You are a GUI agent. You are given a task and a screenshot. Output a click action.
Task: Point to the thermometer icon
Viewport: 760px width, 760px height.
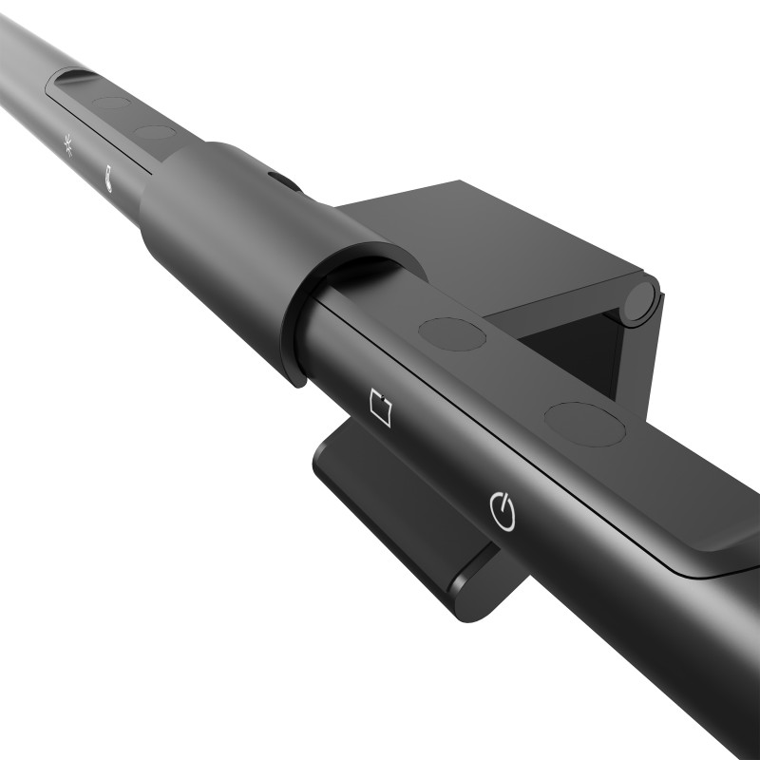[x=111, y=177]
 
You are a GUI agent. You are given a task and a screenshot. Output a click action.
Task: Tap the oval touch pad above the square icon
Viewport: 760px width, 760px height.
[x=452, y=333]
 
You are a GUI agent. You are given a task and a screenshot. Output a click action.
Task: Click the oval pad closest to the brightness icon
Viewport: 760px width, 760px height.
[x=111, y=104]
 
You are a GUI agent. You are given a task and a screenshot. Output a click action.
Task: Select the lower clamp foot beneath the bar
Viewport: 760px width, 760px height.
[x=399, y=503]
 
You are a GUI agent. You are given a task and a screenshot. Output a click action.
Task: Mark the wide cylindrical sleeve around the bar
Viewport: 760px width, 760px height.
[x=237, y=237]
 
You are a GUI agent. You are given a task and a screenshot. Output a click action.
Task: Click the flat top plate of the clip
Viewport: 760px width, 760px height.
[x=494, y=237]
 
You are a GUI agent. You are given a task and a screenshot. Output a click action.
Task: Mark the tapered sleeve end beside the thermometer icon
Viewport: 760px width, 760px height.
[x=157, y=214]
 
